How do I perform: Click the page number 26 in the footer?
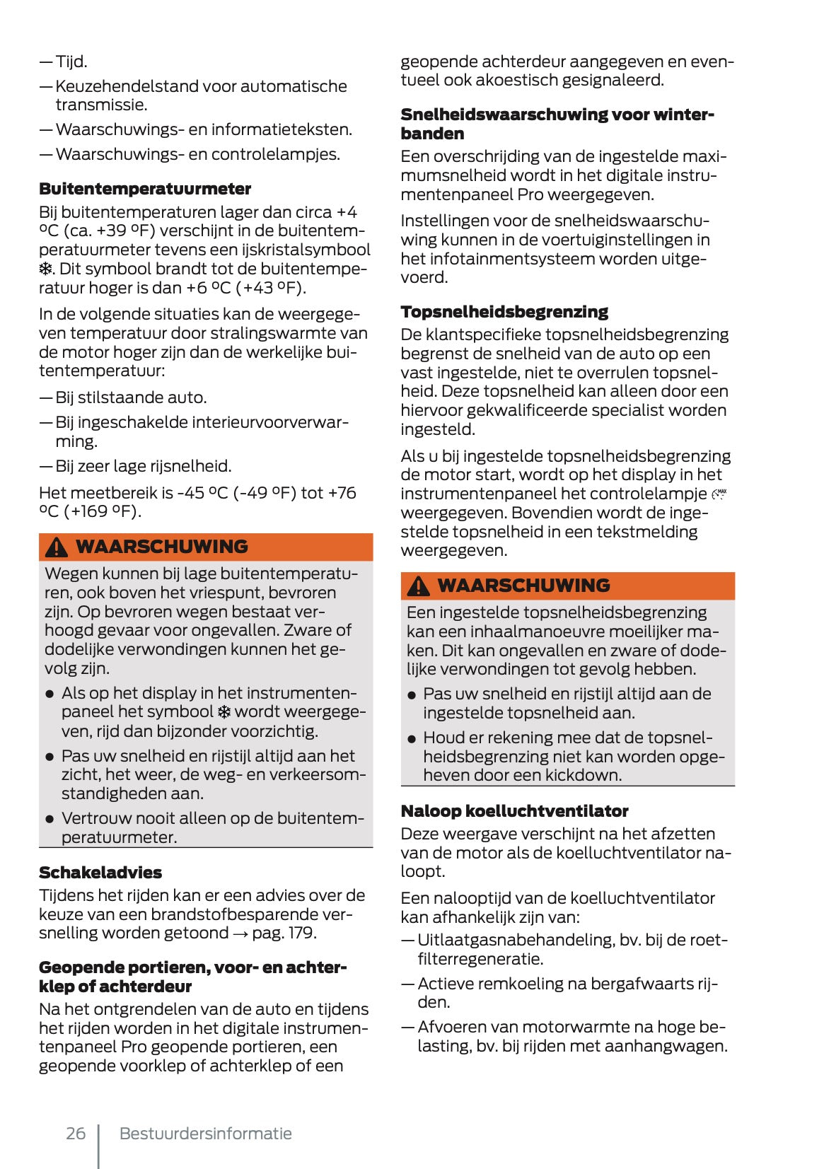tap(76, 1134)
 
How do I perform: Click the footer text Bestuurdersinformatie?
tap(205, 1134)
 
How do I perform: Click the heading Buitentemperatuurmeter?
tap(145, 189)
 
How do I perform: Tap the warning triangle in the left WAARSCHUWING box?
tap(56, 547)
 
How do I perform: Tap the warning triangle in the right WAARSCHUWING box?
tap(418, 586)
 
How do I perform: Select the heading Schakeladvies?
tap(100, 872)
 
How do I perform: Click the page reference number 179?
tap(301, 933)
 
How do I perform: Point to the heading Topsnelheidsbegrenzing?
tap(504, 312)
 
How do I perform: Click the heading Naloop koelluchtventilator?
tap(514, 811)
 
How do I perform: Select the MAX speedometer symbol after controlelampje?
tap(719, 494)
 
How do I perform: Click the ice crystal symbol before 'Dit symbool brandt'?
tap(45, 269)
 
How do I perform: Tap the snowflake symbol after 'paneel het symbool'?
tap(224, 712)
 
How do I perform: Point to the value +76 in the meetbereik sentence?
tap(342, 493)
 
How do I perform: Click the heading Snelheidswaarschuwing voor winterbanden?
tap(557, 124)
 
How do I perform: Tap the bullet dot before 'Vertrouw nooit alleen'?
tap(50, 819)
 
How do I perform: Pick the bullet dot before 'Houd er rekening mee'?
tap(412, 738)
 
